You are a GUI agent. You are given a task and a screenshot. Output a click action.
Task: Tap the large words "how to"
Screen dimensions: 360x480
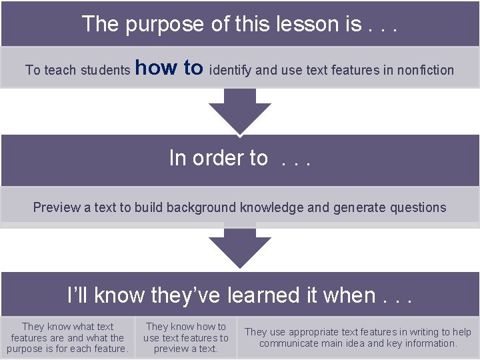coord(169,67)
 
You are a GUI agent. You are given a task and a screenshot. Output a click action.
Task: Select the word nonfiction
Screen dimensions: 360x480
coord(425,70)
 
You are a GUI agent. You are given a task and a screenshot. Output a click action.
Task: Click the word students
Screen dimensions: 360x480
coord(105,70)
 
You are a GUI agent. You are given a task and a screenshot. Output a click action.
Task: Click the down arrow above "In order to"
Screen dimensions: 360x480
coord(240,111)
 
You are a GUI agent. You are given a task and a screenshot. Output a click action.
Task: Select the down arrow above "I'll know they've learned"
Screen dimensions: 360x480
coord(240,246)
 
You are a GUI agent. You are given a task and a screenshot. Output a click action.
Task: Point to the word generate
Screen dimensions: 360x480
coord(357,207)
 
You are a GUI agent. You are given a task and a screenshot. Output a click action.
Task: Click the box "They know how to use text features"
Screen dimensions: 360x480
coord(185,337)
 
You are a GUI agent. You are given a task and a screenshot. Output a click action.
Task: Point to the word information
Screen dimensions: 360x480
coord(429,343)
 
